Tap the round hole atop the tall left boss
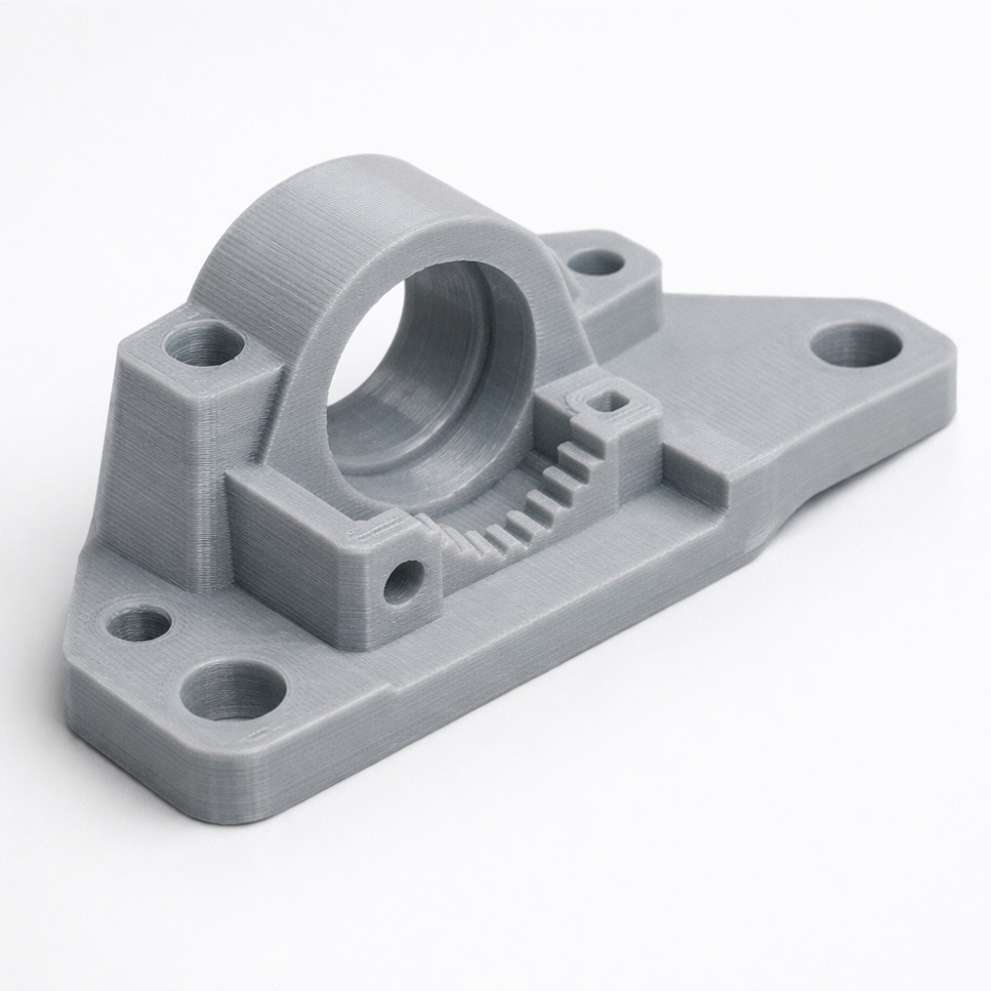(203, 343)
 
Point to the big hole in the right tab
(855, 344)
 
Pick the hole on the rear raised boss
(597, 263)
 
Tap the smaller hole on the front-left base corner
(139, 623)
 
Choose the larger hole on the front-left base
(234, 690)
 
